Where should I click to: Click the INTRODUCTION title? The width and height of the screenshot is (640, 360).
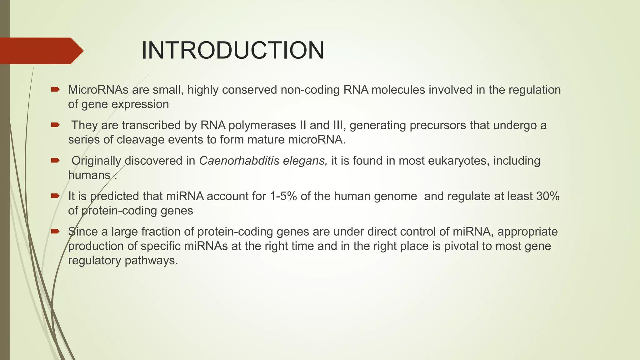coord(233,51)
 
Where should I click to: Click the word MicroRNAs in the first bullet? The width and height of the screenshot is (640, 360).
coord(98,90)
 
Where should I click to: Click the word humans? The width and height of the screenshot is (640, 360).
coord(89,175)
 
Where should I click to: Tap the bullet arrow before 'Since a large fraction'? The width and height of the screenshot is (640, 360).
coord(55,231)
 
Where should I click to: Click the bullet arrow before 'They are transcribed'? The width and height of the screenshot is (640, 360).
coord(55,125)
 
